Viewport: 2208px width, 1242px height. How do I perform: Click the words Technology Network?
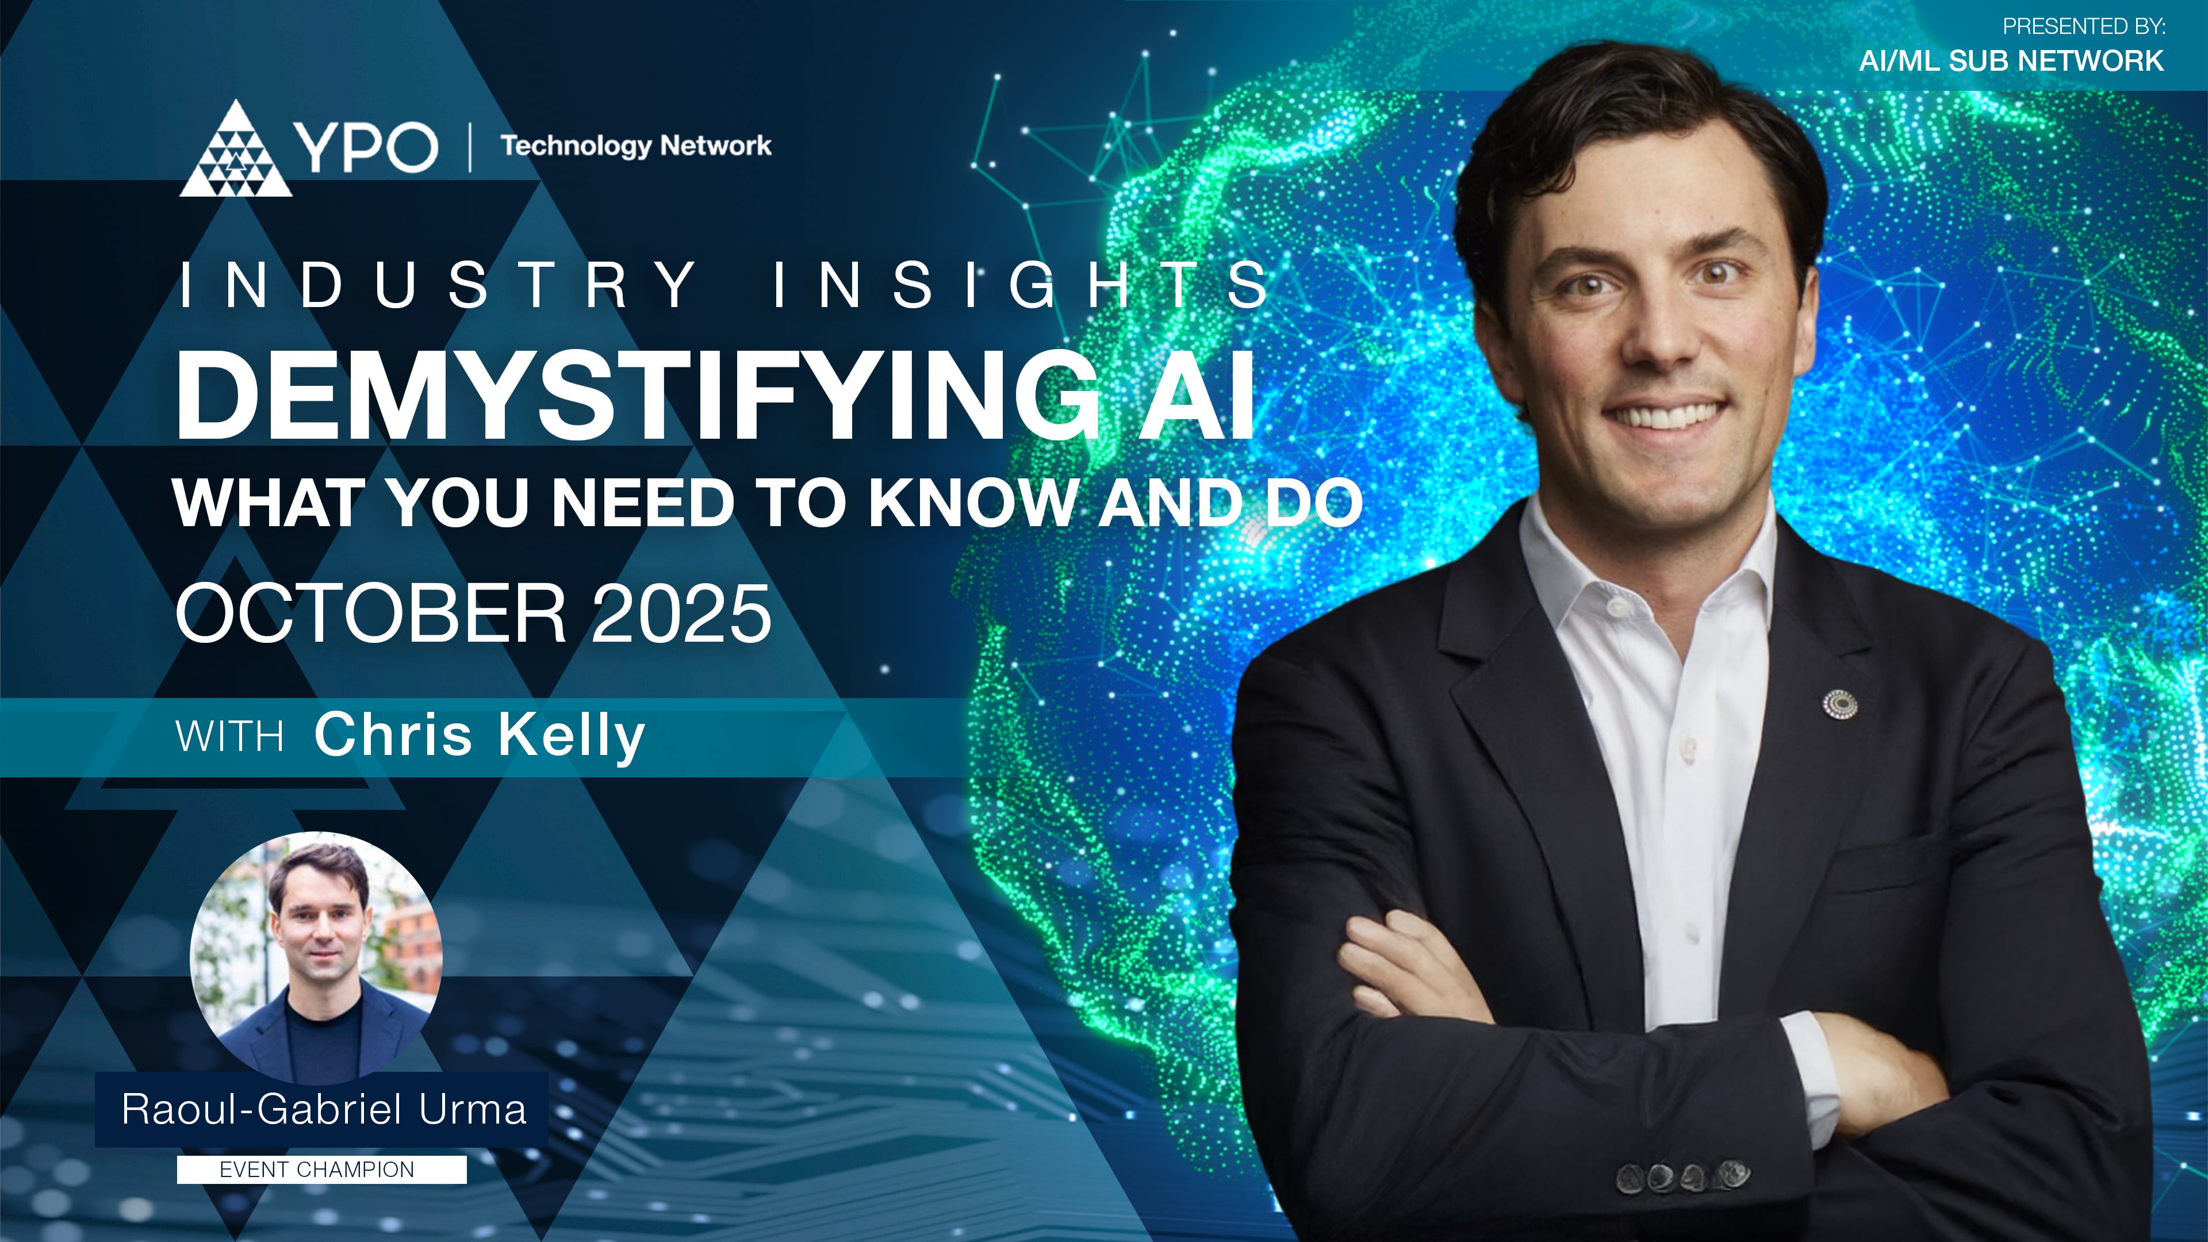pyautogui.click(x=635, y=145)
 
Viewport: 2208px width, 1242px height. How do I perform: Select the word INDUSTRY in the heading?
pyautogui.click(x=437, y=285)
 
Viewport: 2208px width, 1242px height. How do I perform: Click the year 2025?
pyautogui.click(x=681, y=614)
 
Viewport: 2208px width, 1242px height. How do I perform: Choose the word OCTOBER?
pyautogui.click(x=370, y=614)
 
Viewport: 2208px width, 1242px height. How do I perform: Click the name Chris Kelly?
pyautogui.click(x=479, y=735)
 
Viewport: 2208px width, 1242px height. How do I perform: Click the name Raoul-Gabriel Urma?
pyautogui.click(x=323, y=1109)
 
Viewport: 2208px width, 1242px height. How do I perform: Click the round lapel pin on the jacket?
pyautogui.click(x=1839, y=704)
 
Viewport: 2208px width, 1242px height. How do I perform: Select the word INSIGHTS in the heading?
pyautogui.click(x=1020, y=285)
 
